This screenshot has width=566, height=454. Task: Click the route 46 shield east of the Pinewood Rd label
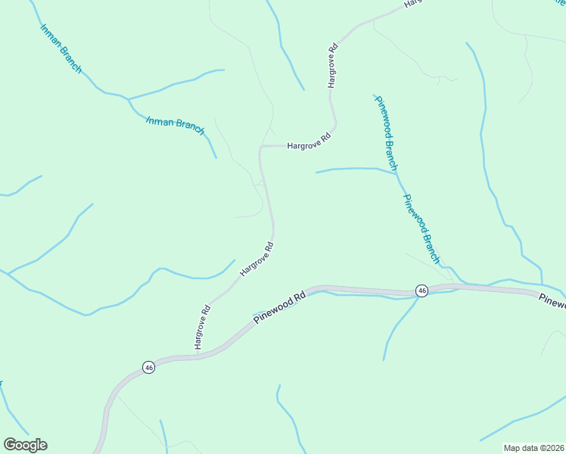(421, 291)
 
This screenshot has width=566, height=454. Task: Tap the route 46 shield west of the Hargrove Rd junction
(148, 367)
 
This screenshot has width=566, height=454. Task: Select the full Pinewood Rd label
(279, 307)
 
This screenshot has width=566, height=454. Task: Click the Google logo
(25, 445)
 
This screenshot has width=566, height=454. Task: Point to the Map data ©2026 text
(533, 448)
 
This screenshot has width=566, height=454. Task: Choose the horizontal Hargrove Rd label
(309, 141)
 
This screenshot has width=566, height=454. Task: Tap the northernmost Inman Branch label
(61, 48)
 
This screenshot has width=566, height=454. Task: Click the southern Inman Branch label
(175, 125)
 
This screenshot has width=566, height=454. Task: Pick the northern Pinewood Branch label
(385, 132)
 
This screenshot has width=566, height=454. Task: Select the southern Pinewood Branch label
(421, 229)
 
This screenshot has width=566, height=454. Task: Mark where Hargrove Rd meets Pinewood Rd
(197, 356)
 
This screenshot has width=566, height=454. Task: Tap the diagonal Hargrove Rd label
(257, 259)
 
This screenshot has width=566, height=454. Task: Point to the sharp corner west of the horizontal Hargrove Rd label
(261, 147)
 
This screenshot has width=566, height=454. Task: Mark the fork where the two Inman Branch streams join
(128, 98)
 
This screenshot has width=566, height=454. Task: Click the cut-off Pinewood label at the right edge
(553, 301)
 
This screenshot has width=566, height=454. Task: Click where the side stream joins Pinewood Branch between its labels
(396, 173)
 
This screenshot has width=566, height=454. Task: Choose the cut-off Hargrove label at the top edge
(413, 4)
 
